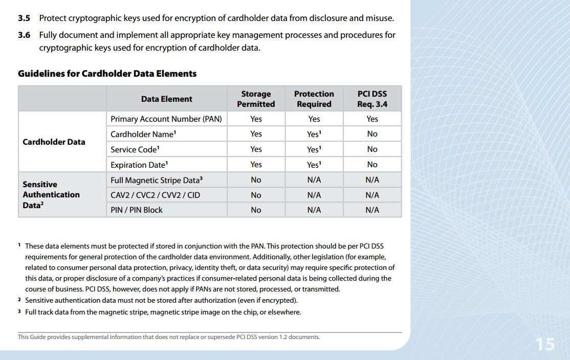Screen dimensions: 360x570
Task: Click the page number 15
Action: [x=545, y=344]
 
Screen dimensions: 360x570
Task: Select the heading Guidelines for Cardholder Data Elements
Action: [x=107, y=74]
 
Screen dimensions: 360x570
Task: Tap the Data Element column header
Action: [x=167, y=99]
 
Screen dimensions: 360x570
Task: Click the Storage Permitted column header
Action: [x=256, y=99]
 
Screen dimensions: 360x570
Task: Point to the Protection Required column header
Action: [x=314, y=99]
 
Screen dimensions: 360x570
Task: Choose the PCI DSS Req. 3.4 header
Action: [x=372, y=99]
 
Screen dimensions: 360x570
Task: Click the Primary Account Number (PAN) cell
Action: [x=166, y=119]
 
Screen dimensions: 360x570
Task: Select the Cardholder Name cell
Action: [x=143, y=134]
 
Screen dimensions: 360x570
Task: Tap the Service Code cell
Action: [x=135, y=149]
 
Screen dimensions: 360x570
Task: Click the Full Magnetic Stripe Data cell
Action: [x=157, y=180]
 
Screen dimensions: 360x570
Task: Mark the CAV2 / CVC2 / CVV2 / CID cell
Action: [x=155, y=195]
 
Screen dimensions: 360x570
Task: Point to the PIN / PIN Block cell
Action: [x=137, y=210]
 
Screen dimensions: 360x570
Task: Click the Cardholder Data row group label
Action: [x=54, y=142]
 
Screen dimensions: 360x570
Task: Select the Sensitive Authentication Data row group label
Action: [x=51, y=194]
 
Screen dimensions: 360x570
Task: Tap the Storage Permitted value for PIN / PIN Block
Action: [x=256, y=210]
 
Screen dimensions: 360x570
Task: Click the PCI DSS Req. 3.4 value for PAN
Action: [x=372, y=119]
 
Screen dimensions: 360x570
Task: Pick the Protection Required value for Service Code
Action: [x=314, y=149]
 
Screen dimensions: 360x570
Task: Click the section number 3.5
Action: [x=24, y=18]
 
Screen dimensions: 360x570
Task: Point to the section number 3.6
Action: [x=24, y=35]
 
